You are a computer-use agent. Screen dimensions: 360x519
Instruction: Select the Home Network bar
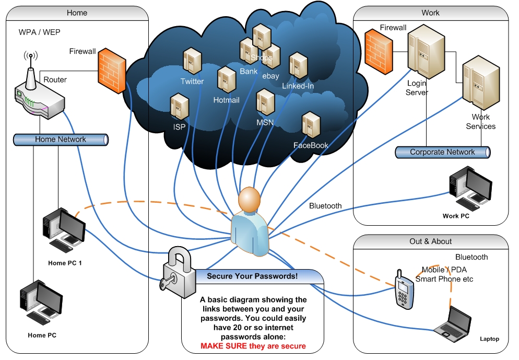(x=61, y=140)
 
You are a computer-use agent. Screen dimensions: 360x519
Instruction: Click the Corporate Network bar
(x=443, y=152)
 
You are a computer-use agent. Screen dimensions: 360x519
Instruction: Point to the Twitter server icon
(x=192, y=62)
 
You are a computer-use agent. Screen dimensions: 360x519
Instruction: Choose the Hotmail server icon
(x=227, y=80)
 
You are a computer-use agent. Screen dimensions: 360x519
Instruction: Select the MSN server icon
(x=265, y=102)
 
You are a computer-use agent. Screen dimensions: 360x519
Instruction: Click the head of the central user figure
(x=249, y=200)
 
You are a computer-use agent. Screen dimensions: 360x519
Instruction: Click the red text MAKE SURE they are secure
(x=253, y=346)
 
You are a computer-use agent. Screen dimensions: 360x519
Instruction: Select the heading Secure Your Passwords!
(x=252, y=276)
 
